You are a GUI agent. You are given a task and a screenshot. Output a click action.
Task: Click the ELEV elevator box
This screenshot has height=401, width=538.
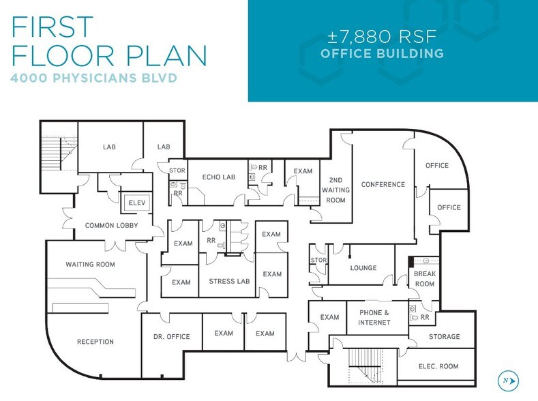click(133, 202)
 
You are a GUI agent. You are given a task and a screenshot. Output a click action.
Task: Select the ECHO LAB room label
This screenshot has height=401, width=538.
click(218, 177)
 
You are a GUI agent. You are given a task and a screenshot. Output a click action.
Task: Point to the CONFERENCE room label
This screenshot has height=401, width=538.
click(383, 184)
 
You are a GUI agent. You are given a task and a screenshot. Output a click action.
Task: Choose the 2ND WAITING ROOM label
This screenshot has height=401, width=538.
click(335, 190)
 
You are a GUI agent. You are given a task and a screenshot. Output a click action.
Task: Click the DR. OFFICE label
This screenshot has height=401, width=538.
click(171, 336)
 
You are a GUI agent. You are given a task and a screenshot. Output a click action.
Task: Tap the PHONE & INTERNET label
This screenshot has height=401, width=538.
click(374, 317)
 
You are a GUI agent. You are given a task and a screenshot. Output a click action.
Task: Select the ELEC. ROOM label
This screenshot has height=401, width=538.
click(438, 366)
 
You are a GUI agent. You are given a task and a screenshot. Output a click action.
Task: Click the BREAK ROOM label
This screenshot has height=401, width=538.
click(424, 279)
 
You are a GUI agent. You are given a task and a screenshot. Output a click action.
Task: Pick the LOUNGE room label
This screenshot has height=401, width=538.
click(363, 268)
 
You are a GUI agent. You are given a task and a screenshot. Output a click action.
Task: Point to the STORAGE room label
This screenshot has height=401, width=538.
click(444, 336)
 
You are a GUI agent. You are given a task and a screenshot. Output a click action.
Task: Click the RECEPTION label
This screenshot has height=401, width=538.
click(95, 342)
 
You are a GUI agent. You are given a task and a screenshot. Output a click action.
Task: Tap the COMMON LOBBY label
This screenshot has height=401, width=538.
click(111, 225)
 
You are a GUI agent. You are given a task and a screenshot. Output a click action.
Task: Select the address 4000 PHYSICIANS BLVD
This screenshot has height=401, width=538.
click(93, 78)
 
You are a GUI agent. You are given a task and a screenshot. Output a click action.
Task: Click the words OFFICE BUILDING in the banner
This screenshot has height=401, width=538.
click(382, 53)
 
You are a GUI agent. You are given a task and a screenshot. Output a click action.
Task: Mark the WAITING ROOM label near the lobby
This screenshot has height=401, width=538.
click(90, 264)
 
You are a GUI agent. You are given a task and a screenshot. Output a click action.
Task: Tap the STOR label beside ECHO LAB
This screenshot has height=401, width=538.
click(177, 170)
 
